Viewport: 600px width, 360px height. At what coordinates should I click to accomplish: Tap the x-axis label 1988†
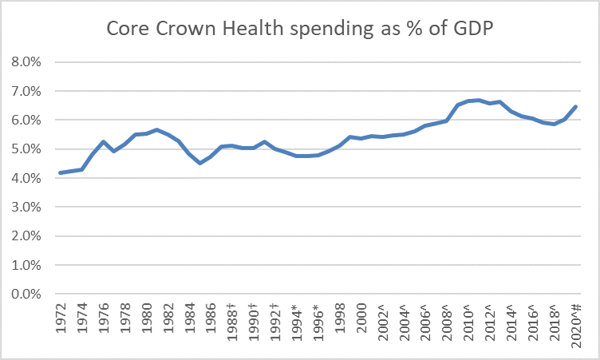coord(231,324)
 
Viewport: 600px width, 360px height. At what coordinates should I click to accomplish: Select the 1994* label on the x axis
coord(295,324)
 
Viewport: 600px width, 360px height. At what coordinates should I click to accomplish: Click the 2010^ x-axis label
coord(467,323)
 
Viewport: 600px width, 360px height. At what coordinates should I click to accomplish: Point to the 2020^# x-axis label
coord(574,327)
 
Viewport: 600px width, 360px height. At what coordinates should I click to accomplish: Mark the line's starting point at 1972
coord(61,173)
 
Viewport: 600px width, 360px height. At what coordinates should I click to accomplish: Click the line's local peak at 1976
coord(104,142)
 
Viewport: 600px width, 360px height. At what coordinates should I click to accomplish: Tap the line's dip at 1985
coord(200,163)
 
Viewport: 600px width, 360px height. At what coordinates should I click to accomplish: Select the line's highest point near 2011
coord(478,100)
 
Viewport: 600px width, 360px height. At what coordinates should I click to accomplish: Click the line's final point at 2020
coord(574,107)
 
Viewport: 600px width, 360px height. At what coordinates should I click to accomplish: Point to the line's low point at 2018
coord(553,124)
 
